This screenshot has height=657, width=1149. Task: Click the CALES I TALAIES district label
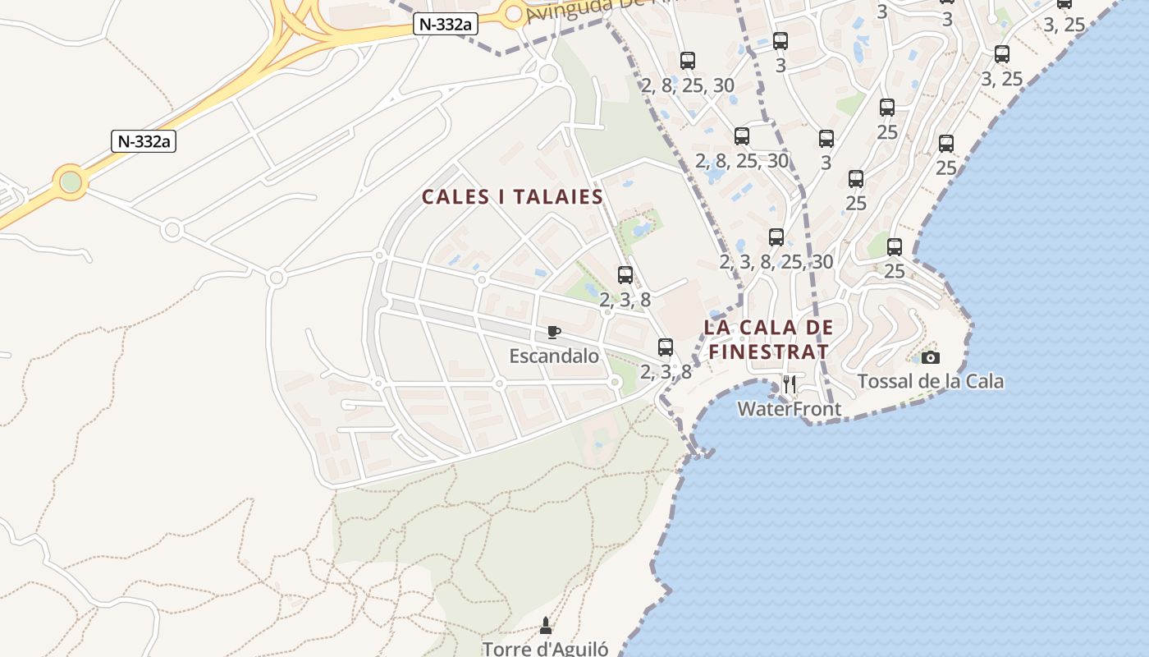tap(512, 197)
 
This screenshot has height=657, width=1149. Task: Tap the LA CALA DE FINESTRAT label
tap(768, 339)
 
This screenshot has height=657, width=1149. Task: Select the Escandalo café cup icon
tap(554, 333)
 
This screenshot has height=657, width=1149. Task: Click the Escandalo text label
tap(554, 356)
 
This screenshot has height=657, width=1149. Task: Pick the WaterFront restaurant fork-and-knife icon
tap(790, 384)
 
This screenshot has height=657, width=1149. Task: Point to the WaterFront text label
tap(789, 408)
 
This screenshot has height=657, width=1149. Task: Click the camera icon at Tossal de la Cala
tap(930, 357)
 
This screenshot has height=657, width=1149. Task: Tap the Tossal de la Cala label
tap(930, 381)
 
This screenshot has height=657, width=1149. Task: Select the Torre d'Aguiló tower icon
tap(546, 627)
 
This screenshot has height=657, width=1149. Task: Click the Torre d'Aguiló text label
tap(546, 649)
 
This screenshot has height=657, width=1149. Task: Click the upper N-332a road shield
tap(445, 25)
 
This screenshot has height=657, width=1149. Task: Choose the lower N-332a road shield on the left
tap(144, 141)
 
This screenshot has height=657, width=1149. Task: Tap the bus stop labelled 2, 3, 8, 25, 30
tap(776, 238)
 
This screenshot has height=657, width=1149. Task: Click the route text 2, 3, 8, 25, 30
tap(776, 262)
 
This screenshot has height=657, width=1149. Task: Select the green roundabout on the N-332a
tap(71, 181)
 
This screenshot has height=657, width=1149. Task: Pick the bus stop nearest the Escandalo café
tap(666, 347)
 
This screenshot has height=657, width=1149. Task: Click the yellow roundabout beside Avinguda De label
tap(515, 14)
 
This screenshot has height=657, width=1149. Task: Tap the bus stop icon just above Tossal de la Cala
tap(895, 246)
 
